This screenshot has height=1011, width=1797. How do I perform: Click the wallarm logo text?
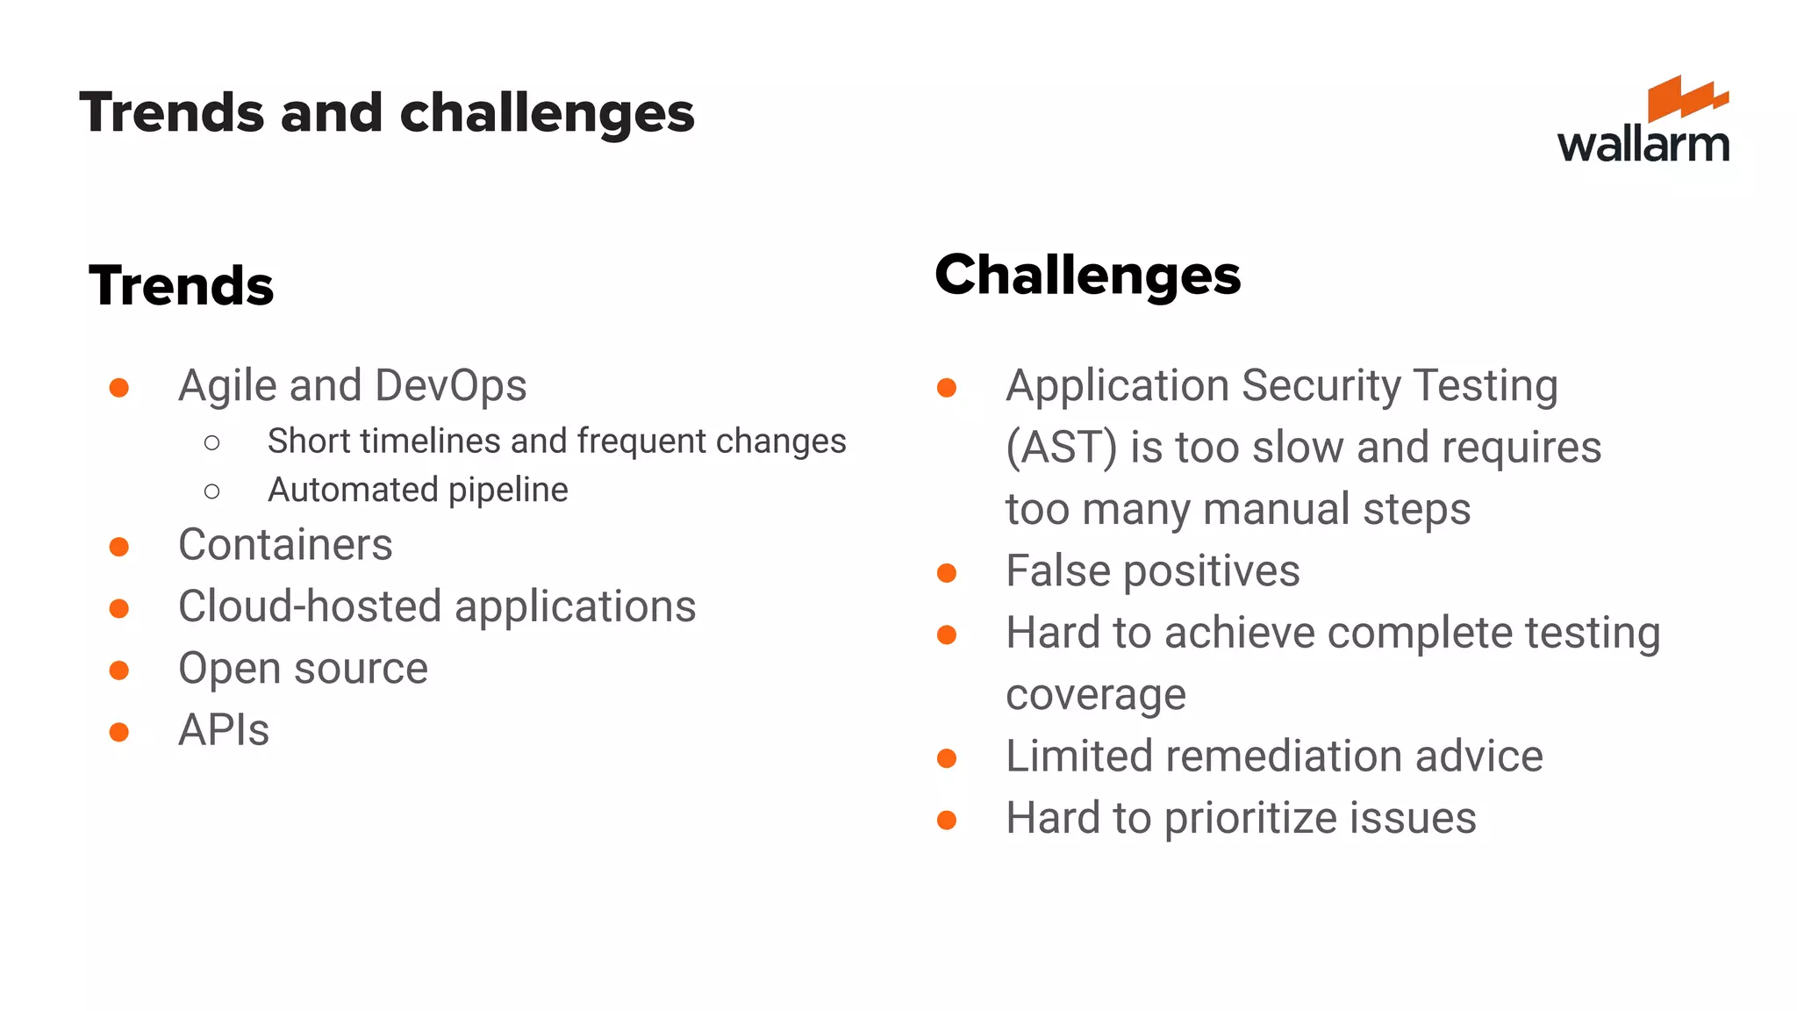pos(1643,145)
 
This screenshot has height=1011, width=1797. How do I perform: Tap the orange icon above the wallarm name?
pos(1686,97)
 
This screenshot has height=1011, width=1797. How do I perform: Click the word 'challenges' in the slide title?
pos(547,114)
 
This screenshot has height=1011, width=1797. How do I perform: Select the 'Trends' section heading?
pos(182,286)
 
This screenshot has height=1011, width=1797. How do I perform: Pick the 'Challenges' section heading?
pos(1087,276)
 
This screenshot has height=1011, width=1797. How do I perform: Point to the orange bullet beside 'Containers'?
pos(119,547)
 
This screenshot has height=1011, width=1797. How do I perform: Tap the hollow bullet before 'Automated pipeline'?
pos(211,491)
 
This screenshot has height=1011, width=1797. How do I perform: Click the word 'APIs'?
pos(224,730)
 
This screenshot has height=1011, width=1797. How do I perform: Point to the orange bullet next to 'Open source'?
pos(119,670)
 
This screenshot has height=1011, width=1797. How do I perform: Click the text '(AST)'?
pos(1061,448)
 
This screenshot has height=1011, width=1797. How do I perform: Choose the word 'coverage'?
pos(1095,695)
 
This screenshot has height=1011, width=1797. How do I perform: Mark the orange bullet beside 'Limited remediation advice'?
pos(946,758)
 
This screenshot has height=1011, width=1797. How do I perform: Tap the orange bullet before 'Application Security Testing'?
pos(946,388)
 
